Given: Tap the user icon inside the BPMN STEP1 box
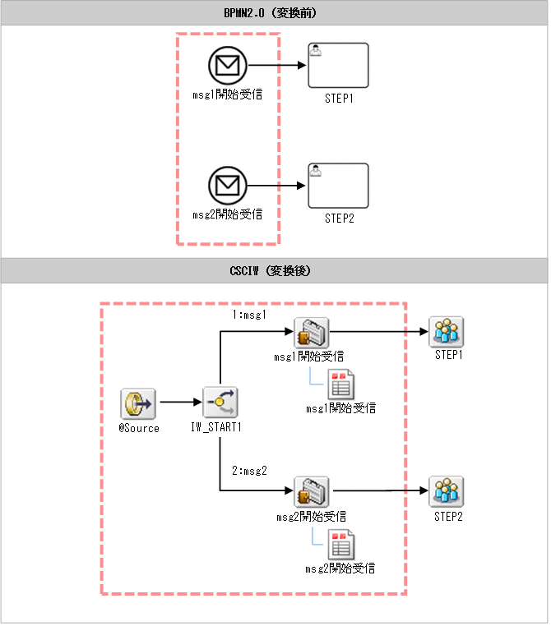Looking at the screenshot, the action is (x=316, y=51).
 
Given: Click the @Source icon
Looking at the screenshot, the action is (x=138, y=403).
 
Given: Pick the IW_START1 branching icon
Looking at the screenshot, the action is (x=220, y=402).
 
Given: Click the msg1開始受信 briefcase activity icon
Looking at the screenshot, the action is (x=312, y=333).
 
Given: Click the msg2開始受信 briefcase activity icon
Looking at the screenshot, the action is (x=312, y=491).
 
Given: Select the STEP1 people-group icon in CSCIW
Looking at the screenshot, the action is (x=447, y=332).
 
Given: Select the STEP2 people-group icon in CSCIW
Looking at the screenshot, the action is (x=447, y=491).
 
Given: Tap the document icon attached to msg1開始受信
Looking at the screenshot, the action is (x=340, y=384).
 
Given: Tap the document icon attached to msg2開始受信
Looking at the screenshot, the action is (x=340, y=545).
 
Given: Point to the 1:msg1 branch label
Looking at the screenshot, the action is (x=249, y=315).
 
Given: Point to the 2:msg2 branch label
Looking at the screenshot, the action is (x=249, y=471).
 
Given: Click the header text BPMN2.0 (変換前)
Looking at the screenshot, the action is (x=270, y=13).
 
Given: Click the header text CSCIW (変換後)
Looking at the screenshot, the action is (x=270, y=271).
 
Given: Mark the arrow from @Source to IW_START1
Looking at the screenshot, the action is (x=181, y=402).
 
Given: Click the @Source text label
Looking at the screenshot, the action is (x=139, y=428).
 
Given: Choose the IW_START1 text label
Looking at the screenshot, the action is (x=216, y=427).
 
